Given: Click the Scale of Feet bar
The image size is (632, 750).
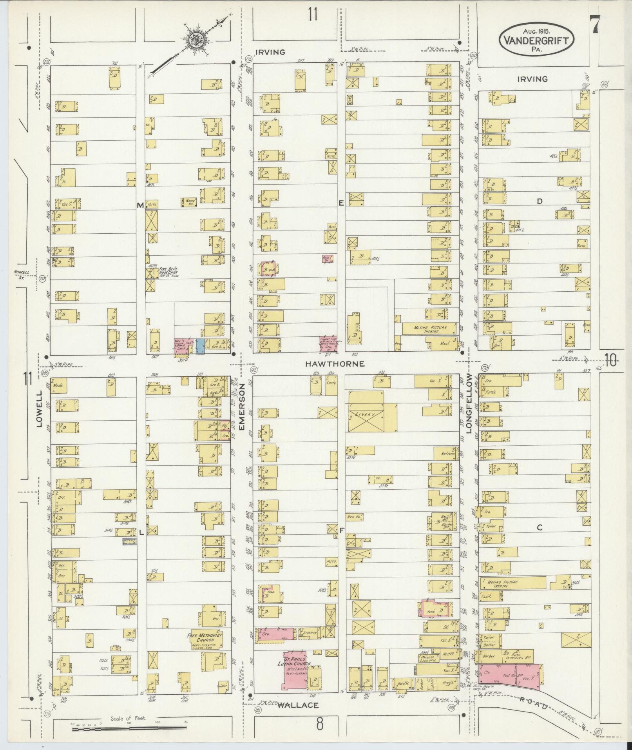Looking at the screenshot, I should pos(129,728).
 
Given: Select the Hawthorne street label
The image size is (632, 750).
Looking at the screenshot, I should pos(335,364).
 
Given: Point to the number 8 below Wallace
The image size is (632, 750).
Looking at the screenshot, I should pos(320,725).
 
